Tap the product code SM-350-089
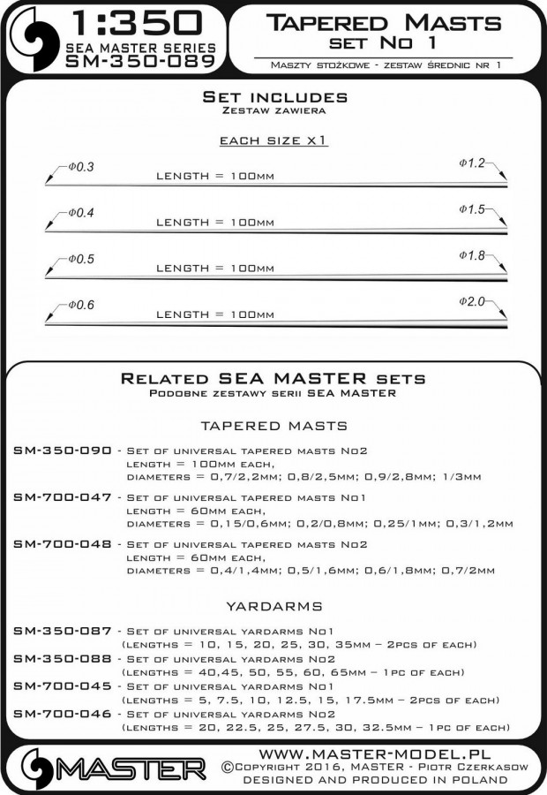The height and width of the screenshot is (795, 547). (140, 61)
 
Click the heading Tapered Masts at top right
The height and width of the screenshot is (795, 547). (382, 22)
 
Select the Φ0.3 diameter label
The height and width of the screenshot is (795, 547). (79, 168)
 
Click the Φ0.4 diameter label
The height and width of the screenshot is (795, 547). (79, 214)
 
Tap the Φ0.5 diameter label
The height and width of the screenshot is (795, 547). (79, 260)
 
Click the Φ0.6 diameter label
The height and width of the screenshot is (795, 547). (79, 306)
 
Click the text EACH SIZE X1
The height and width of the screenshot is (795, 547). (273, 140)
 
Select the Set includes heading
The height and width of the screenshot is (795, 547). (274, 96)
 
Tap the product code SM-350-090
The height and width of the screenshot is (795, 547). (63, 450)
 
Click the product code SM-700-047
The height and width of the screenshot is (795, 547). (63, 497)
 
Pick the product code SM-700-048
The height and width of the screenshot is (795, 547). (63, 544)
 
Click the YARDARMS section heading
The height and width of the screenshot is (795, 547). (273, 607)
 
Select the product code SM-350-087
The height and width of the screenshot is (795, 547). (63, 631)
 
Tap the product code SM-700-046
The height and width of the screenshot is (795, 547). (63, 713)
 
